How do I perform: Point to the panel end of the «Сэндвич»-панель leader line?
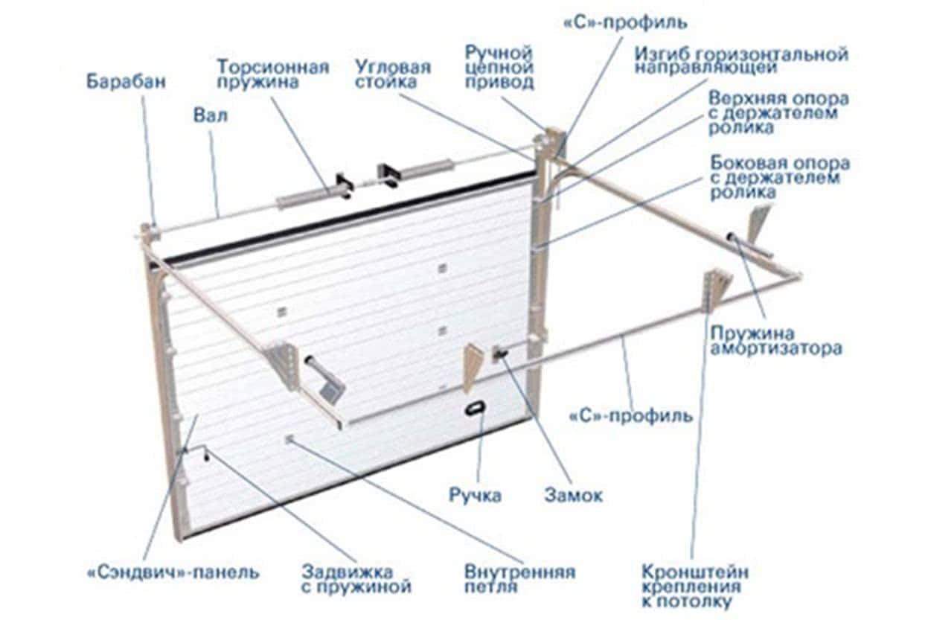click(198, 415)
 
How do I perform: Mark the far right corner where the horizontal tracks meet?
click(800, 275)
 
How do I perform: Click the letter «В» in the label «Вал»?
click(199, 115)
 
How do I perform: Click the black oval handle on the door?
click(474, 408)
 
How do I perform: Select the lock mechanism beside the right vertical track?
click(499, 354)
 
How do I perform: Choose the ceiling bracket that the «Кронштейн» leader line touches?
click(716, 290)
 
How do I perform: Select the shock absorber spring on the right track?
click(750, 246)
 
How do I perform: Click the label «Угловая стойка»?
click(393, 74)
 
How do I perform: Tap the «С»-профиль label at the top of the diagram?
click(626, 23)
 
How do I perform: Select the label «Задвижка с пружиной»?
click(356, 579)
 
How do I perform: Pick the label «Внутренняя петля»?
click(520, 579)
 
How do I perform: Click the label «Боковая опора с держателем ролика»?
click(780, 177)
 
